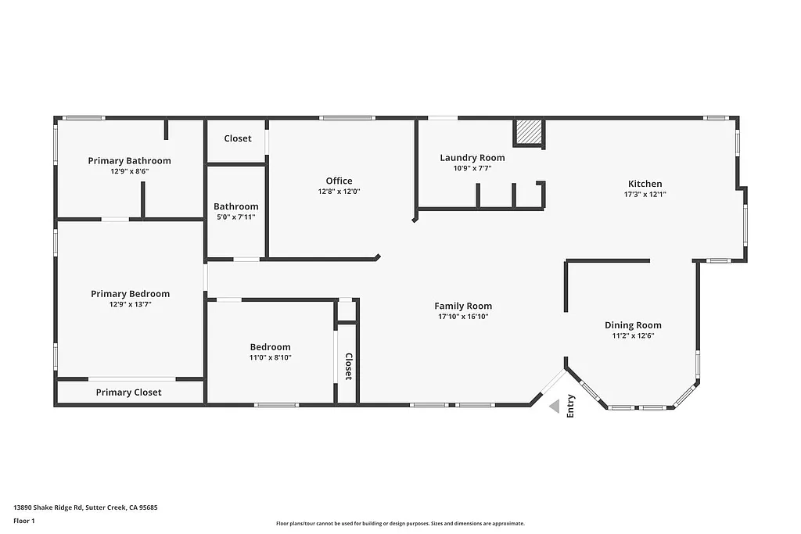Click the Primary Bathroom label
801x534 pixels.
[x=129, y=161]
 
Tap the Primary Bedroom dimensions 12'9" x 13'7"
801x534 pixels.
[x=130, y=305]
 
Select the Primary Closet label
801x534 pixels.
[x=129, y=392]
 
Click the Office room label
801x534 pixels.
[x=339, y=181]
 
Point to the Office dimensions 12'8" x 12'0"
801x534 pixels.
[x=339, y=192]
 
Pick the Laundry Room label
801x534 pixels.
[x=472, y=158]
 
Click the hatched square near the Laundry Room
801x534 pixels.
[x=528, y=132]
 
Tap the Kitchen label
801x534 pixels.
[x=645, y=184]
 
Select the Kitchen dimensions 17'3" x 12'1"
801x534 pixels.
[x=645, y=194]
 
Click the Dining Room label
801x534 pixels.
[x=633, y=325]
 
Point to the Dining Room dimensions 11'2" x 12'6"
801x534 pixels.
[x=633, y=335]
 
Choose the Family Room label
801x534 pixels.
[x=463, y=306]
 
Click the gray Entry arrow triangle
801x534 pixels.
[x=555, y=406]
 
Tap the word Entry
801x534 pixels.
[x=571, y=405]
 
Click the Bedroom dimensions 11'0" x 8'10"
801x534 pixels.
[x=271, y=357]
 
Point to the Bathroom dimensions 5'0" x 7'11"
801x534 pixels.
[x=235, y=217]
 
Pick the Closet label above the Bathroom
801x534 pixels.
[x=238, y=138]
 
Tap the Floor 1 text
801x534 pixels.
[x=23, y=520]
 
